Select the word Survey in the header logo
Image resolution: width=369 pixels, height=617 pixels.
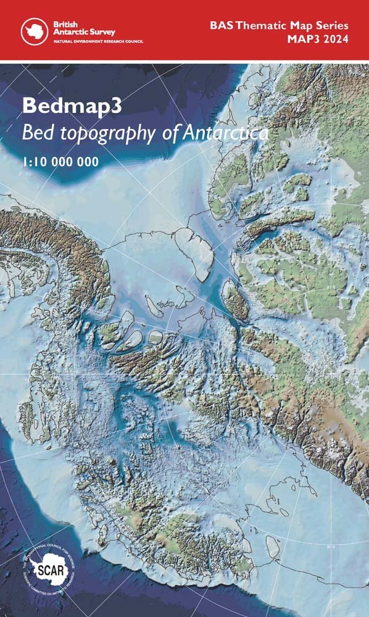pos(101,31)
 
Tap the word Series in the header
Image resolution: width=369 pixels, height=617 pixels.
pos(333,26)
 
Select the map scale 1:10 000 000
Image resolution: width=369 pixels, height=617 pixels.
pos(60,162)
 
